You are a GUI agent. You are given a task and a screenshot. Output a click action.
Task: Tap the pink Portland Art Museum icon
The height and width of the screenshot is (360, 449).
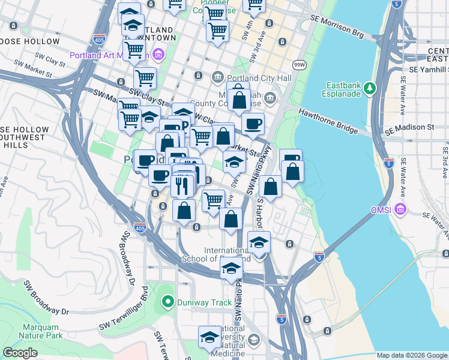tap(158, 56)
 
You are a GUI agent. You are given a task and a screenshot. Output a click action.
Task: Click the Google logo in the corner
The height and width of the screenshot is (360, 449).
tap(20, 353)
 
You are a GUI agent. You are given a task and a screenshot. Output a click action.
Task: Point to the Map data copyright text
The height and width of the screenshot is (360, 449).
tap(411, 355)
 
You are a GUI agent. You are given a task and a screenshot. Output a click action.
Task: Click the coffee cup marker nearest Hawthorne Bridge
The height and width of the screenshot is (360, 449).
tap(253, 124)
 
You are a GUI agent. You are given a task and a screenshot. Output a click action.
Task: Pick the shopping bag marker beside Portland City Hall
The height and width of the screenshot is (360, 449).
tap(238, 100)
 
